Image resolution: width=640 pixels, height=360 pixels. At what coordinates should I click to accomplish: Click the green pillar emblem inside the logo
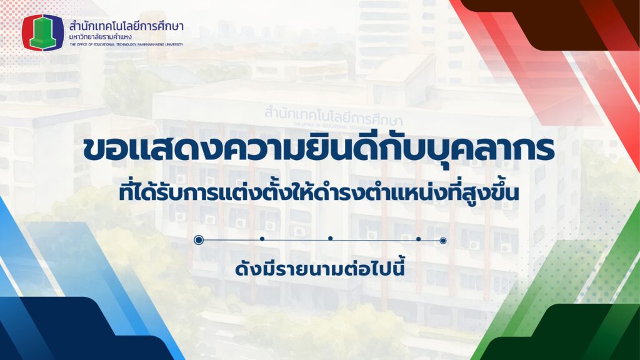tap(43, 32)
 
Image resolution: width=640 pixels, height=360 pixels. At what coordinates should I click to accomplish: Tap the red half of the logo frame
tap(26, 32)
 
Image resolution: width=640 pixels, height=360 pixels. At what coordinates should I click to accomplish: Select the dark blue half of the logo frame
tap(59, 32)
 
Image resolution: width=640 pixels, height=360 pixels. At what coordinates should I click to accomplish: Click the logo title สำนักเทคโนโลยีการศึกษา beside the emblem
tap(126, 26)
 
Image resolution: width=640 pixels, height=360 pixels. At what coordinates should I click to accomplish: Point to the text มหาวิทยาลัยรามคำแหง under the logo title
tap(101, 37)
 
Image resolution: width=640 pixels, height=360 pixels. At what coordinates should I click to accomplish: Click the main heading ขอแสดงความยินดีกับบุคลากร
tap(319, 149)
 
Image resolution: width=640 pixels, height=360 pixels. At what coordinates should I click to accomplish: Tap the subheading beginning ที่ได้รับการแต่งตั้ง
tap(319, 192)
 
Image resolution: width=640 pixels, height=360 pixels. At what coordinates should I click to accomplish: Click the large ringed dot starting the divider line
tap(199, 239)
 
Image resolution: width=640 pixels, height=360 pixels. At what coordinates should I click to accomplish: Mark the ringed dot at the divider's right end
tap(443, 241)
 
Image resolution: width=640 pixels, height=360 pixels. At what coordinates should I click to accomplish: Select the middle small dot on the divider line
tap(330, 238)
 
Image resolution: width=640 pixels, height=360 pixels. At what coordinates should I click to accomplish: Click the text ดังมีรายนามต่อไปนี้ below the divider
tap(319, 269)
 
